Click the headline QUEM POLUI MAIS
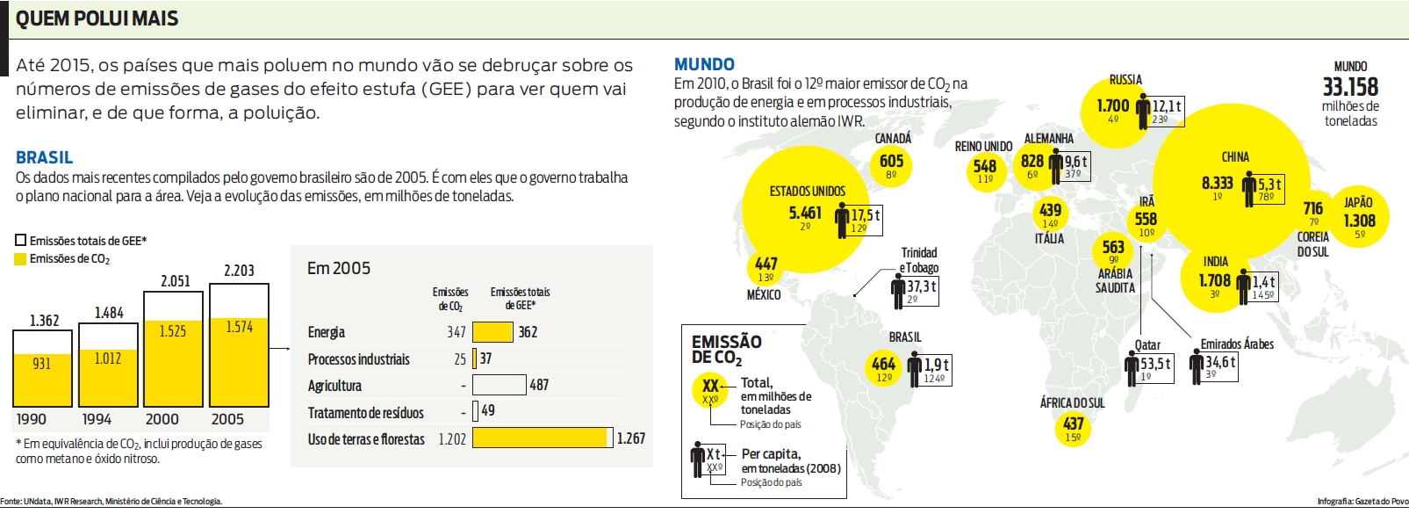(x=97, y=18)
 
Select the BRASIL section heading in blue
(x=44, y=157)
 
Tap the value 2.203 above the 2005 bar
(x=239, y=271)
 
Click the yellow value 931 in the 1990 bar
(x=41, y=364)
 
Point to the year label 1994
(x=97, y=420)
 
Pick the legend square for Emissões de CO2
(x=21, y=259)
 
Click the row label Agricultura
(x=334, y=386)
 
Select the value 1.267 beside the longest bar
(x=630, y=438)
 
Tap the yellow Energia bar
(x=492, y=332)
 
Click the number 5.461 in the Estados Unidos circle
(x=805, y=213)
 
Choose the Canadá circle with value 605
(x=891, y=163)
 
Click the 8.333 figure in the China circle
(x=1217, y=183)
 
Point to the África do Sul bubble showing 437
(x=1073, y=427)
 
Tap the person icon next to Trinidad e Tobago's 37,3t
(x=898, y=291)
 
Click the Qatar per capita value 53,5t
(x=1155, y=363)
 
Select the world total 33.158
(x=1350, y=87)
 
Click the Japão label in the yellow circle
(x=1358, y=203)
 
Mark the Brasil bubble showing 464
(x=883, y=367)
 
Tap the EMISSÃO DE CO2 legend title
(x=726, y=349)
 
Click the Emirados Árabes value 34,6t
(x=1220, y=362)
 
